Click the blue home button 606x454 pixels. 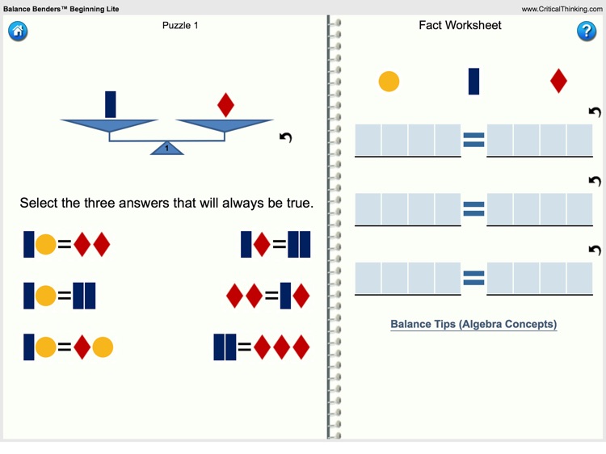click(x=18, y=32)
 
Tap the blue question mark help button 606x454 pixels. click(x=586, y=32)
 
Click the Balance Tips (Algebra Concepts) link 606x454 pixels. click(x=473, y=324)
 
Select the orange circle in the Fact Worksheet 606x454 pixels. click(x=389, y=82)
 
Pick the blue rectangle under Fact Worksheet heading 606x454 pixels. click(x=473, y=81)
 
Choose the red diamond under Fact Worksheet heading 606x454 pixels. click(x=558, y=81)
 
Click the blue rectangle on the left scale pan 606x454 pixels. click(x=111, y=104)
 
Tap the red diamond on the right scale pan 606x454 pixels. click(x=226, y=105)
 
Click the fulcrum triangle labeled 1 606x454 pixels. click(x=167, y=148)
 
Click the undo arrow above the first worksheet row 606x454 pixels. click(x=595, y=112)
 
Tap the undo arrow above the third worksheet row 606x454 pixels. click(x=595, y=250)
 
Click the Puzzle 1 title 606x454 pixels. click(x=180, y=26)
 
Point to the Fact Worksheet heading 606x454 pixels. click(x=460, y=26)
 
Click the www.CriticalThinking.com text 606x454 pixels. click(x=562, y=9)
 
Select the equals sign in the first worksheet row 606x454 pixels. click(x=473, y=141)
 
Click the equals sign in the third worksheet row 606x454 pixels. click(x=473, y=279)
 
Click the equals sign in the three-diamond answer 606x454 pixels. click(x=244, y=347)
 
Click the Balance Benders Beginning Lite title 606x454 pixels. click(x=61, y=9)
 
